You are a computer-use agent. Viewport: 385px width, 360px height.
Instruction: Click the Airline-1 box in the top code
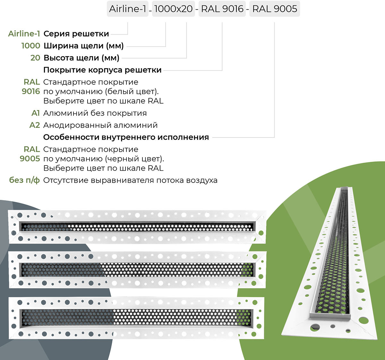(x=128, y=9)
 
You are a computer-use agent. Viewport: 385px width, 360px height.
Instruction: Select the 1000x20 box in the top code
(x=173, y=9)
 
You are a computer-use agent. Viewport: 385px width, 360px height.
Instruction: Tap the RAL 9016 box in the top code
(x=222, y=9)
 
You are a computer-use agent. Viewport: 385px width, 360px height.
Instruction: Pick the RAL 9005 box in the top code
(x=275, y=9)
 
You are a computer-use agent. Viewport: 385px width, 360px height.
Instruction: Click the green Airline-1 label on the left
(x=24, y=34)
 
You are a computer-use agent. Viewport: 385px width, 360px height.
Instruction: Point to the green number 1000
(x=31, y=46)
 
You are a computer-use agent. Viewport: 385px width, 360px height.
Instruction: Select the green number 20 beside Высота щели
(x=35, y=58)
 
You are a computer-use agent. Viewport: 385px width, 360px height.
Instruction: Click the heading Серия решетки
(x=76, y=34)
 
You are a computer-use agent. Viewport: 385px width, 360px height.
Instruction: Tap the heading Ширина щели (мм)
(x=83, y=46)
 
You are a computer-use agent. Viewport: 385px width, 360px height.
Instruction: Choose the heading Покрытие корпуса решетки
(x=102, y=70)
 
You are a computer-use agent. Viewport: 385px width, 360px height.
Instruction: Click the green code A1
(x=36, y=113)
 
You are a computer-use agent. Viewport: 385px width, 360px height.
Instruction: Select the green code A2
(x=35, y=125)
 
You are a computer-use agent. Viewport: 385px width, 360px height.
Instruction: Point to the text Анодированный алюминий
(x=100, y=125)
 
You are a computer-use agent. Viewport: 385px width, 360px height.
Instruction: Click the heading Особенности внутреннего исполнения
(x=126, y=137)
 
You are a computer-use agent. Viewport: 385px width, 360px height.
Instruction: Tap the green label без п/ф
(x=25, y=180)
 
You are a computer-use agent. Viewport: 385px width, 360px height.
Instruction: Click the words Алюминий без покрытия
(x=95, y=113)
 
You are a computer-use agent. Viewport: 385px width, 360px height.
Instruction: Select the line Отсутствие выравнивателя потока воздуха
(x=130, y=180)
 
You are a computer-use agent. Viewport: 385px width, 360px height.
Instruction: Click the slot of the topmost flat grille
(x=137, y=227)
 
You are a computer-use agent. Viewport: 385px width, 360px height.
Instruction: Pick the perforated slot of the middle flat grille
(x=137, y=270)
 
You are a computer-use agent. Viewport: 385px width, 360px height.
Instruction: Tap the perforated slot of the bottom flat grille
(x=137, y=317)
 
